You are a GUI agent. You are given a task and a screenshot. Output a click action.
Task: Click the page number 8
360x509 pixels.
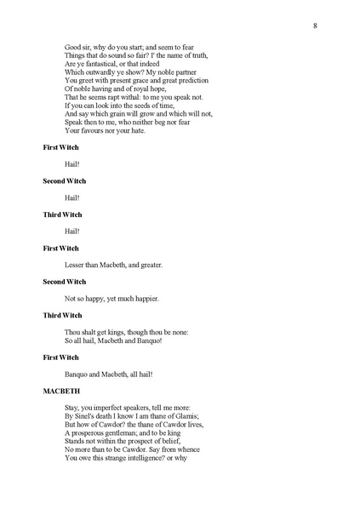pos(315,26)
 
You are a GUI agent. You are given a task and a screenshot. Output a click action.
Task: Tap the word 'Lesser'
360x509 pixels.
pos(76,265)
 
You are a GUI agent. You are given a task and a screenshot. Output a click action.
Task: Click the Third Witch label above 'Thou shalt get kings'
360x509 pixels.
pos(65,315)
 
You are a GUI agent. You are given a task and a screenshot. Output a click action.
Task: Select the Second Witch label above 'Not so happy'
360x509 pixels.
pos(65,282)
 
